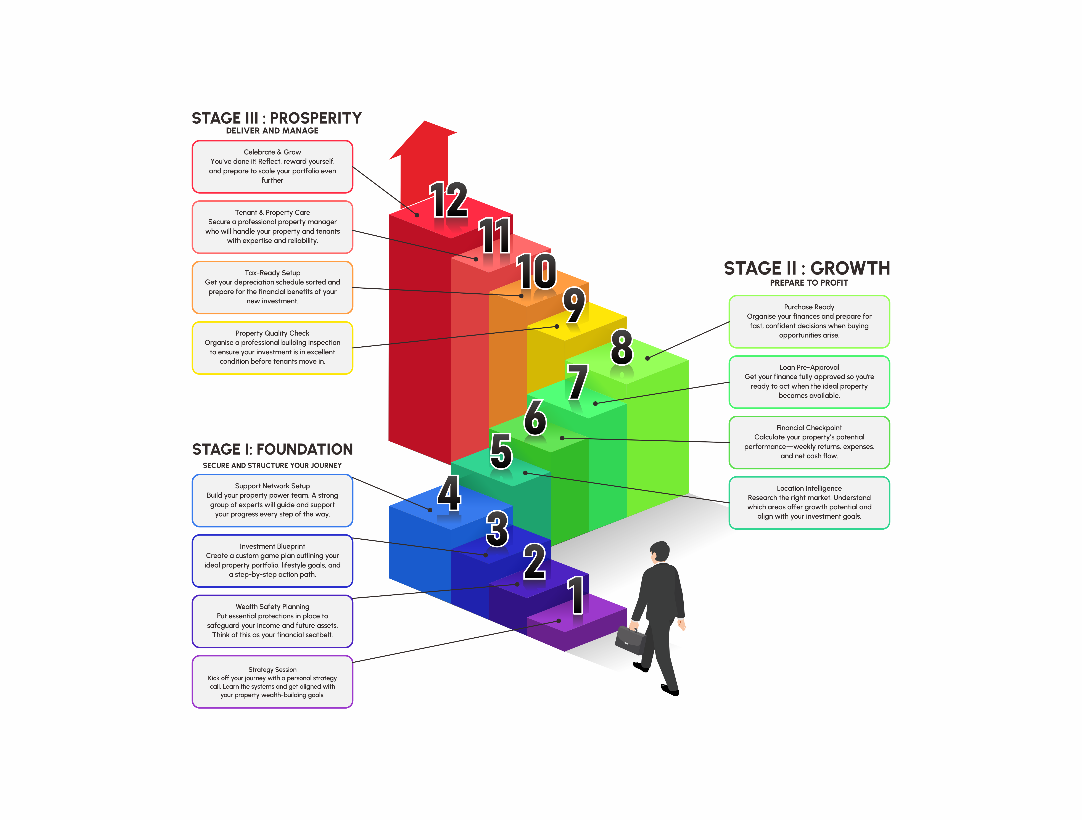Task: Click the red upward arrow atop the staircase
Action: pyautogui.click(x=424, y=156)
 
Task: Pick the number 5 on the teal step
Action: pyautogui.click(x=501, y=451)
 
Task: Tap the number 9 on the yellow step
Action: pyautogui.click(x=574, y=305)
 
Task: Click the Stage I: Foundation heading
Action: pyautogui.click(x=272, y=449)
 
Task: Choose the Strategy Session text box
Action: pyautogui.click(x=272, y=682)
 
